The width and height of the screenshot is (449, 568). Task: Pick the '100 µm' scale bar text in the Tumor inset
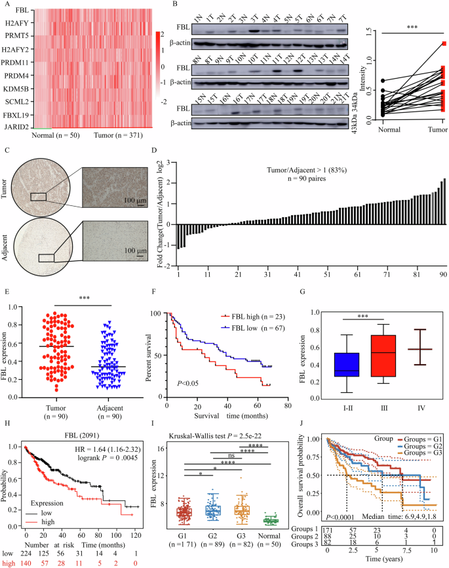(133, 196)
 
